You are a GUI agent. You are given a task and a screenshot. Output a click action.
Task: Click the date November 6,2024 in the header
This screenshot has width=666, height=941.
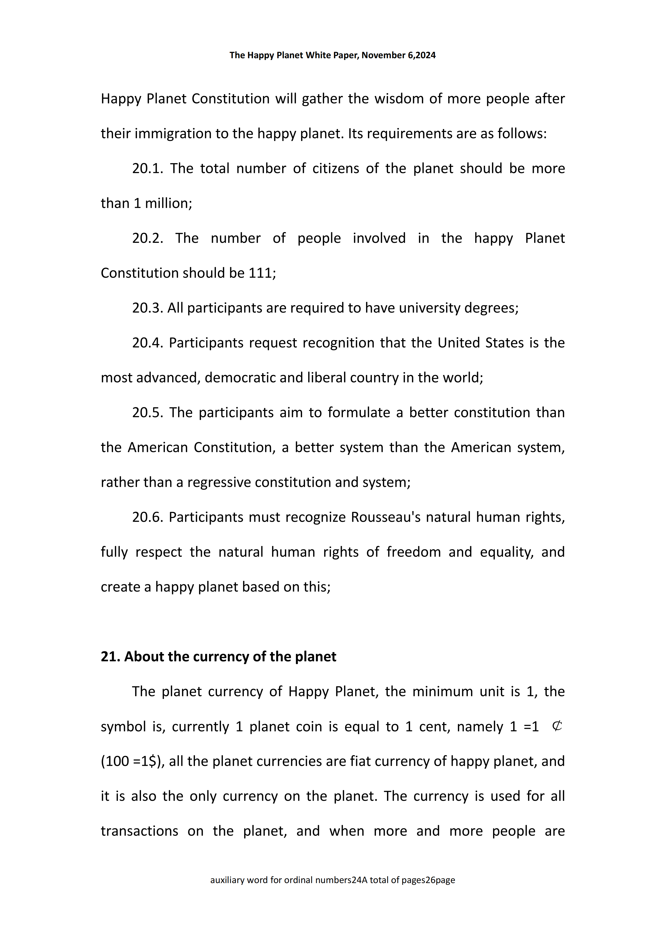[398, 55]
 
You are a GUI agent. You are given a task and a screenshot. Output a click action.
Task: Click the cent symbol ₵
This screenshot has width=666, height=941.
[557, 726]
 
